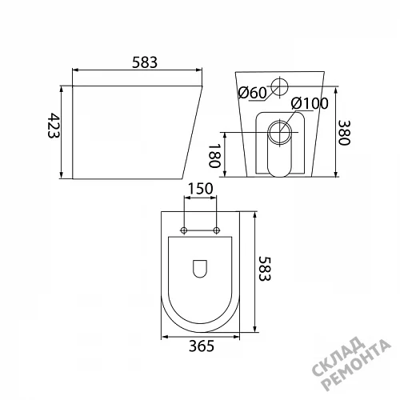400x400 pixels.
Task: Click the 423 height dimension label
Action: pos(54,125)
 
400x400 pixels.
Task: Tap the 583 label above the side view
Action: pos(145,62)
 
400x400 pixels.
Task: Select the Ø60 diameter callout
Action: pos(252,93)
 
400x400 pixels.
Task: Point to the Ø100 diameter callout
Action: pos(310,103)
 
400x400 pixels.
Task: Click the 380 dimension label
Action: pos(344,133)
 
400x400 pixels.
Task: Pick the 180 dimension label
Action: pos(214,156)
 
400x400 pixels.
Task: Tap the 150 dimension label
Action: pos(201,189)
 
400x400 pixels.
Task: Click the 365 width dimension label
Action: pos(202,346)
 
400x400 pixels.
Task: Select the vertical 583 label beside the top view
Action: pos(265,269)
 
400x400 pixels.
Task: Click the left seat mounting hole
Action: pos(184,230)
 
